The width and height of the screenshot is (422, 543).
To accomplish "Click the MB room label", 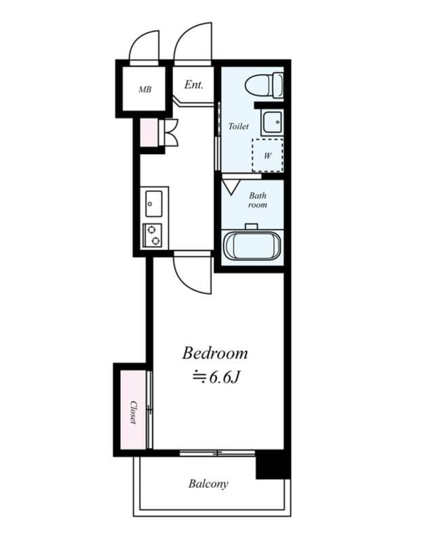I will [145, 89].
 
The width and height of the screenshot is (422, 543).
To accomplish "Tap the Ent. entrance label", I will [194, 86].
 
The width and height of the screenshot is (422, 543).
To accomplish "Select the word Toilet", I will [238, 126].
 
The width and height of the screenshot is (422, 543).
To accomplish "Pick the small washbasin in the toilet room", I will [273, 121].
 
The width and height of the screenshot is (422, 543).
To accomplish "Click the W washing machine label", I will [267, 155].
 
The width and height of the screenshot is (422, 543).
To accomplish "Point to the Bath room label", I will [257, 200].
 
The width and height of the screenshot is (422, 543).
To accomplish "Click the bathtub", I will [252, 246].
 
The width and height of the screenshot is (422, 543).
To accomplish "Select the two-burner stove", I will [153, 235].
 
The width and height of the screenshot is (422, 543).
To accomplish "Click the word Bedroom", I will [214, 354].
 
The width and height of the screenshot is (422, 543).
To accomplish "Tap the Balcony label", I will [208, 485].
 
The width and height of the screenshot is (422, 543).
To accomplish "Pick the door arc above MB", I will [145, 46].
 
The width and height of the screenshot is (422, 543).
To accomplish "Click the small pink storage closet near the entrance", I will [148, 132].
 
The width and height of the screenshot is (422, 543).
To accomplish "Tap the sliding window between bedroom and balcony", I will [217, 453].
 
